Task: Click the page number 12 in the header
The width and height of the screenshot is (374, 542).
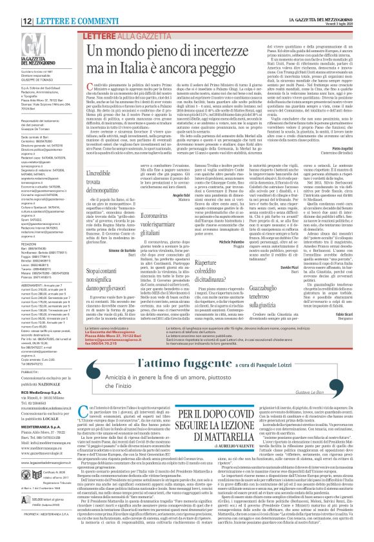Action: click(11, 5)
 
